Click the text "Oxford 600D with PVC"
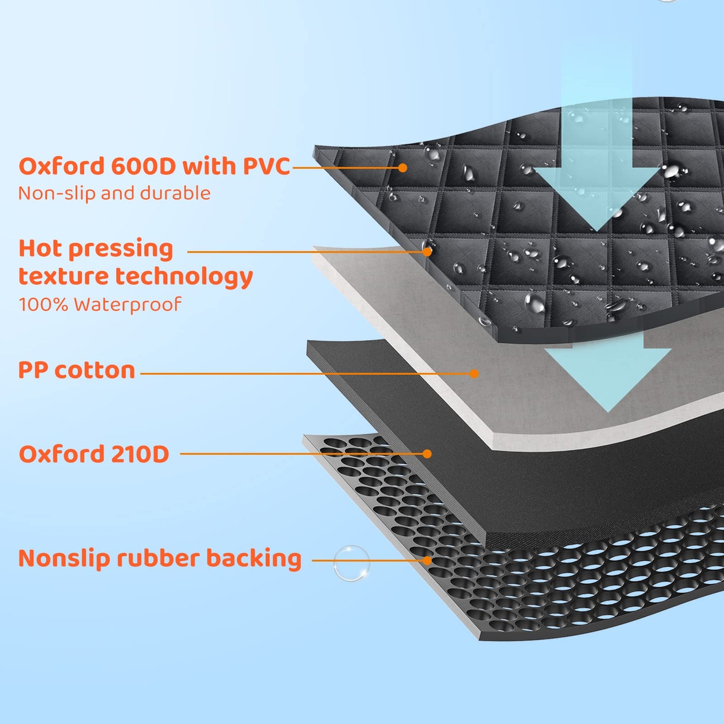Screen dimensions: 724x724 pos(154,166)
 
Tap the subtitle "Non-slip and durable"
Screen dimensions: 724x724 pos(114,193)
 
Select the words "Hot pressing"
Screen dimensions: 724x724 pos(96,249)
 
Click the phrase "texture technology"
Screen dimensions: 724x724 pos(135,277)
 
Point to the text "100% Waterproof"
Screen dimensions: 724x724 pos(100,304)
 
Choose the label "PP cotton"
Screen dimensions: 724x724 pos(77,371)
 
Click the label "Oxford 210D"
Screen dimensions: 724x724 pos(94,454)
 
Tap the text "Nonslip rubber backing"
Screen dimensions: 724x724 pos(160,559)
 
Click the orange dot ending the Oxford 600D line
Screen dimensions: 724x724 pos(402,168)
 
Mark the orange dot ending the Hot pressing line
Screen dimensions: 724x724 pos(427,252)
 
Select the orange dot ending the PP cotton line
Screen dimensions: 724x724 pos(474,373)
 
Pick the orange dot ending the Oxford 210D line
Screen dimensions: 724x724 pos(427,454)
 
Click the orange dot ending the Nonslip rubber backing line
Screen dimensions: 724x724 pos(427,560)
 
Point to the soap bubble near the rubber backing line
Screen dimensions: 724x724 pos(352,563)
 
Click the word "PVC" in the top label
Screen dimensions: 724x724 pos(267,166)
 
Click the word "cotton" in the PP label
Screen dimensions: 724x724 pos(95,371)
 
